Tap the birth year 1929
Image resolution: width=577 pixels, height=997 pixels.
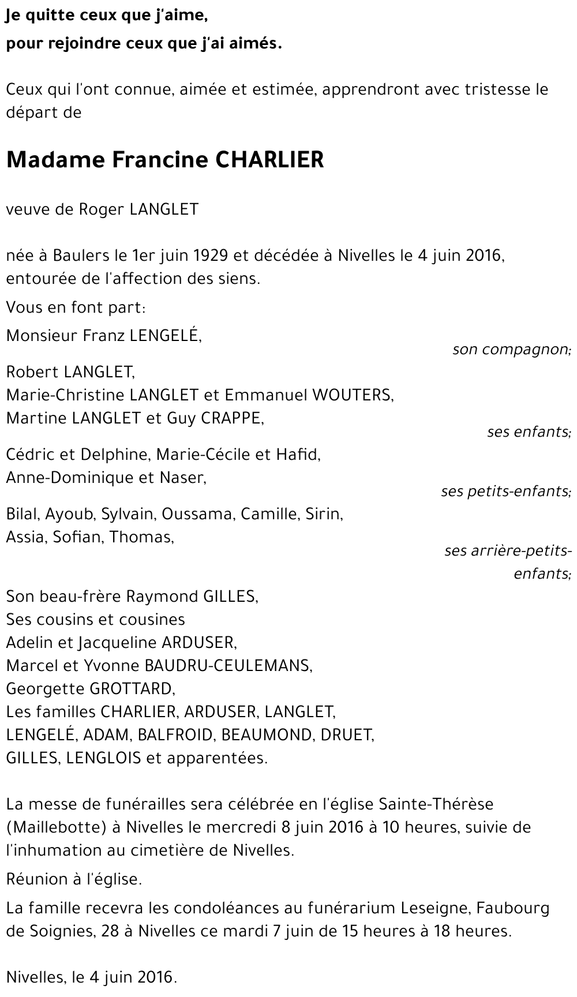[209, 255]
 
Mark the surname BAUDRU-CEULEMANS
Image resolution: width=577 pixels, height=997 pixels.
[226, 665]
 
